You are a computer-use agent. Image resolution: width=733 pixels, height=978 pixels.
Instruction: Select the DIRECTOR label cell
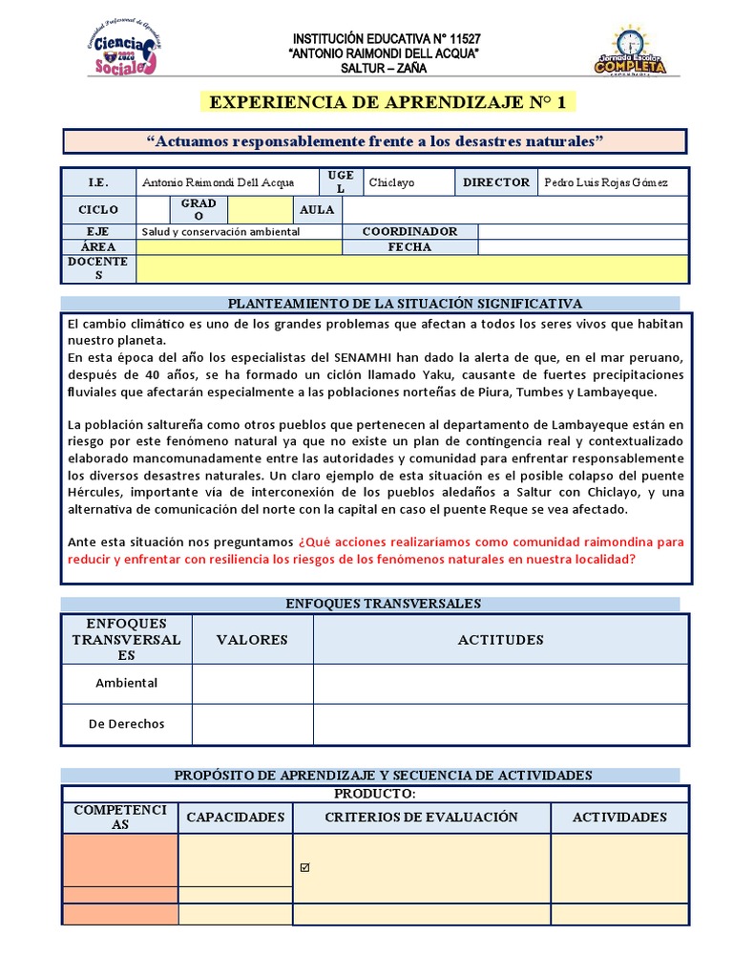[495, 182]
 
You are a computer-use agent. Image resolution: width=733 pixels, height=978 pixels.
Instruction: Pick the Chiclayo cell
[391, 182]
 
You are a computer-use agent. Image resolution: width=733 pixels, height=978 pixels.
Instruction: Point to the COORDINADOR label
[409, 231]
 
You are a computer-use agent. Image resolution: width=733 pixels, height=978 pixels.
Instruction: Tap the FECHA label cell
[409, 246]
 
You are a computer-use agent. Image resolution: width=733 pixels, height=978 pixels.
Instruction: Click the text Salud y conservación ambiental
[220, 231]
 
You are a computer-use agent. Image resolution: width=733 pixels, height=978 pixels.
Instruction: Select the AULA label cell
[317, 209]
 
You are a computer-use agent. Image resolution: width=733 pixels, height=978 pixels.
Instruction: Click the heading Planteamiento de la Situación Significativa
[404, 304]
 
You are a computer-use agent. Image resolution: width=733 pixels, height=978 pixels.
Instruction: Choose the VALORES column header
[252, 640]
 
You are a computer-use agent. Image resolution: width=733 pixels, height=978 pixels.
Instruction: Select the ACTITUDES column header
[500, 640]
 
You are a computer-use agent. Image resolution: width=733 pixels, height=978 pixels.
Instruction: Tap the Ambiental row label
[126, 683]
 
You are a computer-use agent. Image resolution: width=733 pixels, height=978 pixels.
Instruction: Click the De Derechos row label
[126, 724]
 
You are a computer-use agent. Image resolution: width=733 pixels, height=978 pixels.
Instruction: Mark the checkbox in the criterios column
[305, 868]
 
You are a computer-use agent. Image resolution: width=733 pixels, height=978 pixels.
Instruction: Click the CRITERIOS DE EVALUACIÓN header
[421, 817]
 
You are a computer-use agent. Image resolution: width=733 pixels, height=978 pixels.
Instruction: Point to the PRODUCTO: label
[374, 794]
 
